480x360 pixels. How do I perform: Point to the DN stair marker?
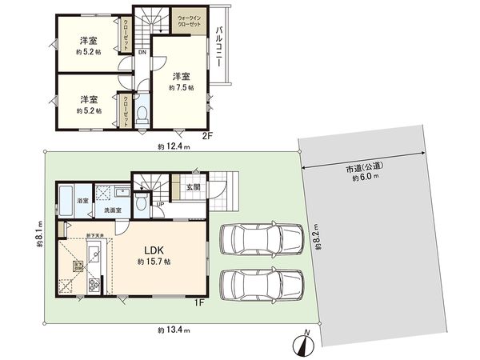[x=142, y=53]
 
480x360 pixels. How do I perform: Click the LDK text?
[x=155, y=249]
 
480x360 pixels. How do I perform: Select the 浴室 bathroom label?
[x=82, y=200]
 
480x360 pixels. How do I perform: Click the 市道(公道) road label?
[x=362, y=169]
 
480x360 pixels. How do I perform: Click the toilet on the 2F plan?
[x=142, y=114]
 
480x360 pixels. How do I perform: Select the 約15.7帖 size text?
[x=155, y=262]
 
